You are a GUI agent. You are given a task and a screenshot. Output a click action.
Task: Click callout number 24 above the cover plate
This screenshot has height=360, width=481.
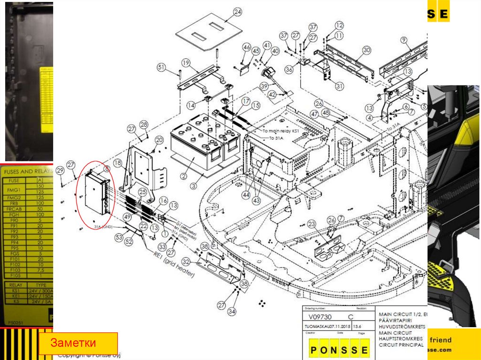pyautogui.click(x=237, y=12)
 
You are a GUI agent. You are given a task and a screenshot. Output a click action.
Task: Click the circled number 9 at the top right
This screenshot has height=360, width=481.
pyautogui.click(x=403, y=39)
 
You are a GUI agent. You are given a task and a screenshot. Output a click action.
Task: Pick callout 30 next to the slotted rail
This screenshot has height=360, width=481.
pyautogui.click(x=366, y=50)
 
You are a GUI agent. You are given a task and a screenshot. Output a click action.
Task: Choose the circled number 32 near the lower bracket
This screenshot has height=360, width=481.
pyautogui.click(x=186, y=262)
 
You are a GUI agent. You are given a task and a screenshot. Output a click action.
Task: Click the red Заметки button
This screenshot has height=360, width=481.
pyautogui.click(x=78, y=343)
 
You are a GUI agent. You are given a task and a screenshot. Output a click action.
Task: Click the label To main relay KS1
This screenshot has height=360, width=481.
pyautogui.click(x=282, y=131)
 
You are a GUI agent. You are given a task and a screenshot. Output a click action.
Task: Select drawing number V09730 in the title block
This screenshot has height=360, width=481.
pyautogui.click(x=318, y=317)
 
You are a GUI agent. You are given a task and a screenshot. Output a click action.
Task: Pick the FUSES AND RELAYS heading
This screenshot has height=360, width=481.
pyautogui.click(x=26, y=172)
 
